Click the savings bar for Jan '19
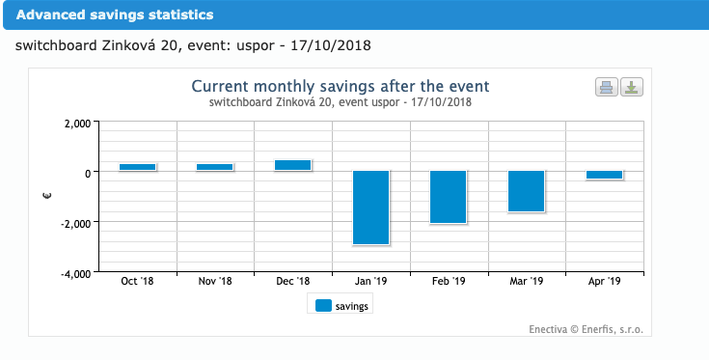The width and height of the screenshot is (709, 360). tap(370, 208)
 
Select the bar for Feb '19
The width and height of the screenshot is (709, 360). tap(449, 197)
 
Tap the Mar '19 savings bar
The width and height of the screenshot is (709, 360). tap(527, 191)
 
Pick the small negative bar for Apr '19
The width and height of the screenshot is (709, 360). tap(604, 176)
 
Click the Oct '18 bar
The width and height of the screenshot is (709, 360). tap(138, 167)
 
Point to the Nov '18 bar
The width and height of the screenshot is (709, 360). tap(215, 167)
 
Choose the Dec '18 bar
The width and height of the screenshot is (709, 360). tap(293, 165)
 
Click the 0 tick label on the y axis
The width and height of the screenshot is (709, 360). tap(88, 173)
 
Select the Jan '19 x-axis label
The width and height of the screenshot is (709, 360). tap(370, 282)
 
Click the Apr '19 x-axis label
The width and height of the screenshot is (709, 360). tap(604, 282)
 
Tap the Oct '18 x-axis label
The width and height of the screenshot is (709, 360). tap(138, 282)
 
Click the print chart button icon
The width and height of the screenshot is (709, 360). tap(607, 88)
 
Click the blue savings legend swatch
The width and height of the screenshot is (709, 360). tap(323, 305)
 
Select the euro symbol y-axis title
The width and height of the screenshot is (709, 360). tap(49, 197)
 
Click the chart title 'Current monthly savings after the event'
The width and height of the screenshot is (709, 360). tap(341, 85)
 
